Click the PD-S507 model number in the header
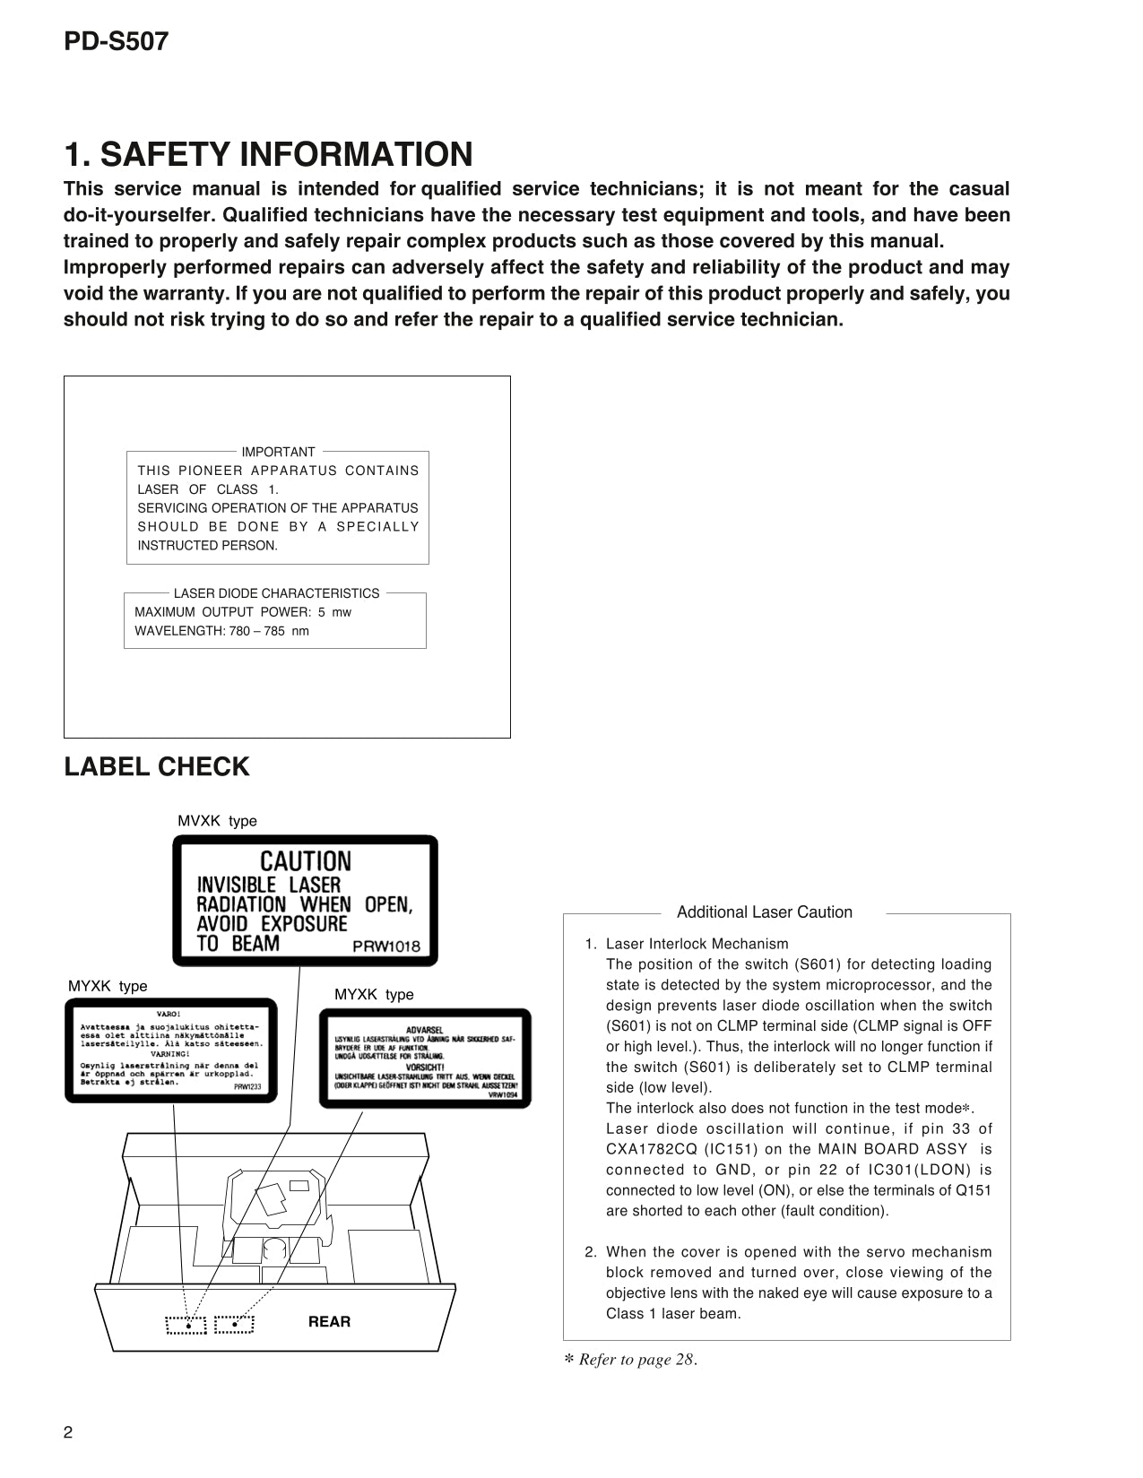(x=116, y=41)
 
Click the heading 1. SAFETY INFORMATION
(x=268, y=154)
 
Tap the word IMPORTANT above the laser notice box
(x=278, y=452)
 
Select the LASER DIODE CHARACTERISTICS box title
(x=276, y=593)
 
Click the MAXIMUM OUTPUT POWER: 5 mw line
(x=242, y=612)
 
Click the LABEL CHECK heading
(x=157, y=767)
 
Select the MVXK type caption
(x=217, y=821)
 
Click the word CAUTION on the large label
(x=305, y=861)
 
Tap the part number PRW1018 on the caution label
(x=385, y=946)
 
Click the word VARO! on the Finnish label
(x=169, y=1014)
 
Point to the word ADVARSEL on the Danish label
(x=424, y=1030)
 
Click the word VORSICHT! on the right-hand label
(x=424, y=1067)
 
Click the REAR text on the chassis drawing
(x=329, y=1321)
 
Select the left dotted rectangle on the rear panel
(x=186, y=1325)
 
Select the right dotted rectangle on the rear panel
(x=234, y=1324)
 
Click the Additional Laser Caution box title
(x=764, y=912)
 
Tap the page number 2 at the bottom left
(x=68, y=1431)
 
